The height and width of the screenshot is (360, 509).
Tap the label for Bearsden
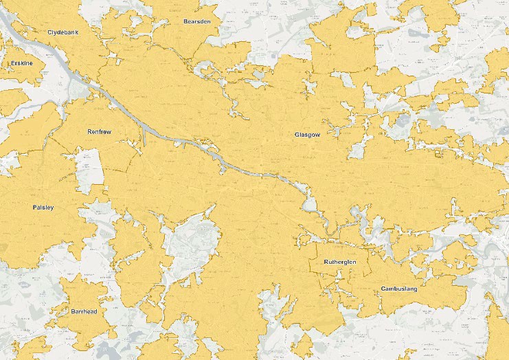[x=196, y=21]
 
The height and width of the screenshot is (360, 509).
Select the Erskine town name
[x=22, y=63]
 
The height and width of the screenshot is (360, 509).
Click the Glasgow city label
[x=307, y=135]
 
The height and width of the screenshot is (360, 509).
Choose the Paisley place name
[x=43, y=207]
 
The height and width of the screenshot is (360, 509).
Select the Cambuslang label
[x=398, y=289]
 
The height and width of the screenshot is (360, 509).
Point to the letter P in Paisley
[x=34, y=207]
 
